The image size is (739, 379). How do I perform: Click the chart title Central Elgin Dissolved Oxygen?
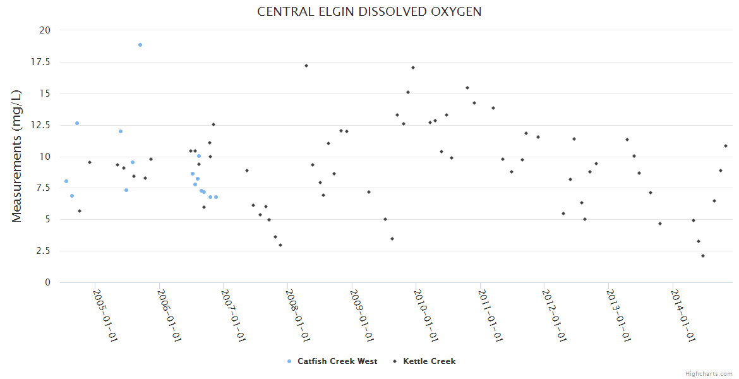click(x=369, y=12)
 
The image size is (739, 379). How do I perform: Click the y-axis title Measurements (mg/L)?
click(x=17, y=155)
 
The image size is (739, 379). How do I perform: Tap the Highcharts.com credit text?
click(x=709, y=373)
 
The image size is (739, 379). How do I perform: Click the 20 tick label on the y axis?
click(x=45, y=30)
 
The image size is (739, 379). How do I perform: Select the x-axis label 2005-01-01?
click(x=105, y=316)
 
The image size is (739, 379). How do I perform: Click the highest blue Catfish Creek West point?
click(x=140, y=45)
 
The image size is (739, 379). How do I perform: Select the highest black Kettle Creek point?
click(x=306, y=66)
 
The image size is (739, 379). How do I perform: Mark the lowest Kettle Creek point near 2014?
click(x=703, y=256)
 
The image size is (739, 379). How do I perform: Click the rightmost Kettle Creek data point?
click(x=726, y=146)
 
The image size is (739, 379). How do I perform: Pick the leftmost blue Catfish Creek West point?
click(x=66, y=181)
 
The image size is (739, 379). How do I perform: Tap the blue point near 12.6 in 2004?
click(x=77, y=123)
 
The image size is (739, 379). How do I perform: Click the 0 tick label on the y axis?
click(x=47, y=283)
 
